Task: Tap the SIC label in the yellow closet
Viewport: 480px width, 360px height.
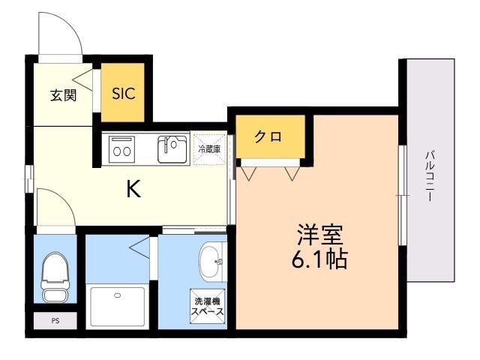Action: (x=124, y=94)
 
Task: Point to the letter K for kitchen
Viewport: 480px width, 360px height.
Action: (x=133, y=190)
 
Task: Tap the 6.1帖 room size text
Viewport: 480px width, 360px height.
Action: (x=318, y=261)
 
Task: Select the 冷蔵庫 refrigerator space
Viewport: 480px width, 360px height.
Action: (x=209, y=148)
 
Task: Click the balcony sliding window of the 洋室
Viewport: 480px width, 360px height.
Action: (x=402, y=194)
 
